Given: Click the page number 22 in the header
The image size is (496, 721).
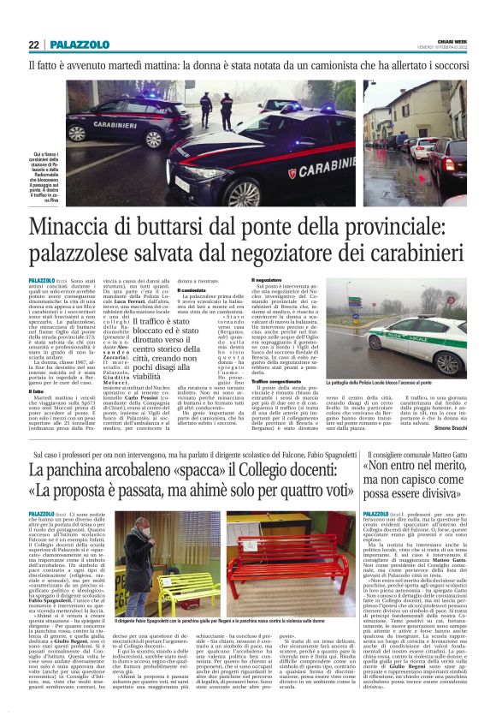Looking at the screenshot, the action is pyautogui.click(x=33, y=45).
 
